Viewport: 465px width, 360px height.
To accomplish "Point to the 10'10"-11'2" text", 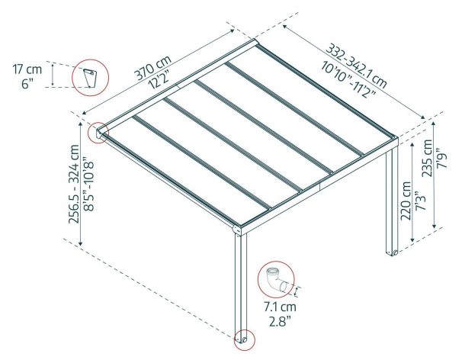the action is coord(348,78).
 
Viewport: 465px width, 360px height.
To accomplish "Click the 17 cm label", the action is coord(27,69).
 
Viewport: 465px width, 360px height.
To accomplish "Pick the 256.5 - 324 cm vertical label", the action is coord(74,184).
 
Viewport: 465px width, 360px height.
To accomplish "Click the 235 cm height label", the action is coord(428,158).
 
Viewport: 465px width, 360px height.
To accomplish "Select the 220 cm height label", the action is coord(406,201).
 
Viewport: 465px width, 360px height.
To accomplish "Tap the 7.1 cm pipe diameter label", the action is coord(281,307).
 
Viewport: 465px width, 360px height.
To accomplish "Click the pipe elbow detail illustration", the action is coord(277,280).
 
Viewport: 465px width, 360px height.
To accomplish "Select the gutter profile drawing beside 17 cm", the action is coord(89,79).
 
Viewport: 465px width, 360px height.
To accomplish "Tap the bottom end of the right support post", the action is coord(392,253).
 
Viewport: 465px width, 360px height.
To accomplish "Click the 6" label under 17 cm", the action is coord(27,84).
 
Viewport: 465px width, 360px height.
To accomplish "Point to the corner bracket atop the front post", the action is coord(237,230).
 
